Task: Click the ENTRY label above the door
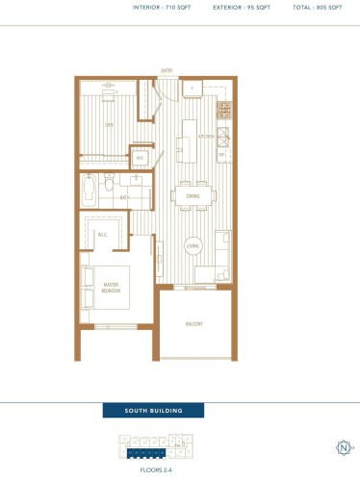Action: [x=167, y=71]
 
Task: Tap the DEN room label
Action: [x=111, y=125]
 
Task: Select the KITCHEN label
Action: [x=205, y=138]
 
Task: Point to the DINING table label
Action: [x=193, y=196]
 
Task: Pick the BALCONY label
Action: [x=194, y=324]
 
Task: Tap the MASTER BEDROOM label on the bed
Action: [x=112, y=288]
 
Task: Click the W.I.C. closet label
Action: [x=103, y=234]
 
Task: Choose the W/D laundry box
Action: [x=140, y=159]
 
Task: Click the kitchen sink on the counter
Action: [x=222, y=134]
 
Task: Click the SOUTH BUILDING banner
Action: [x=153, y=411]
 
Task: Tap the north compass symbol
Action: [x=343, y=446]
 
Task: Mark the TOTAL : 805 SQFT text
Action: [x=314, y=7]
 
